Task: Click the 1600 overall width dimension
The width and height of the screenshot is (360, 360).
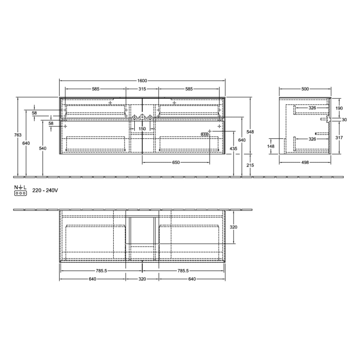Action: [x=142, y=81]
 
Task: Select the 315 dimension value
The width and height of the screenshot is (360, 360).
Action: [x=142, y=89]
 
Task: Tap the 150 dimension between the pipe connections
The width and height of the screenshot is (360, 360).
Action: [x=142, y=129]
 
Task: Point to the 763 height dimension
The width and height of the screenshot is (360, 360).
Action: [x=17, y=135]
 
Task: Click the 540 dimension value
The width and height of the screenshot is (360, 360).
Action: [x=43, y=149]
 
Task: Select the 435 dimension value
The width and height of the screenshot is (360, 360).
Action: [x=233, y=149]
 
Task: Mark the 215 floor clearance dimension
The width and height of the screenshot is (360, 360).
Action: [x=250, y=165]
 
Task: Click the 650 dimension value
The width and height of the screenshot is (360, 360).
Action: [x=176, y=163]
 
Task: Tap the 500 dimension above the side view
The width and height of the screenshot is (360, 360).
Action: [x=305, y=89]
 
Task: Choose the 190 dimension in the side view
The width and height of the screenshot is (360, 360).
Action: [x=339, y=109]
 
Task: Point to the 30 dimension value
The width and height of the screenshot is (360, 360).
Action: [x=344, y=120]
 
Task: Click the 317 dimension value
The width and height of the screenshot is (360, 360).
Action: [x=339, y=138]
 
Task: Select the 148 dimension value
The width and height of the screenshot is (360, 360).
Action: [x=271, y=146]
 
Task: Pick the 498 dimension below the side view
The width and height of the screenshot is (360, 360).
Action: [x=305, y=163]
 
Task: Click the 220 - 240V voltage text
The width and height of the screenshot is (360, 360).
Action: [x=45, y=190]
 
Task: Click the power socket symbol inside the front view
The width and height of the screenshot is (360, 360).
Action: [x=205, y=134]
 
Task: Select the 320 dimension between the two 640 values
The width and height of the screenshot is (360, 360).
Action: [x=142, y=279]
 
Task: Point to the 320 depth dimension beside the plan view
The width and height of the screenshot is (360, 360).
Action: [x=233, y=227]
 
